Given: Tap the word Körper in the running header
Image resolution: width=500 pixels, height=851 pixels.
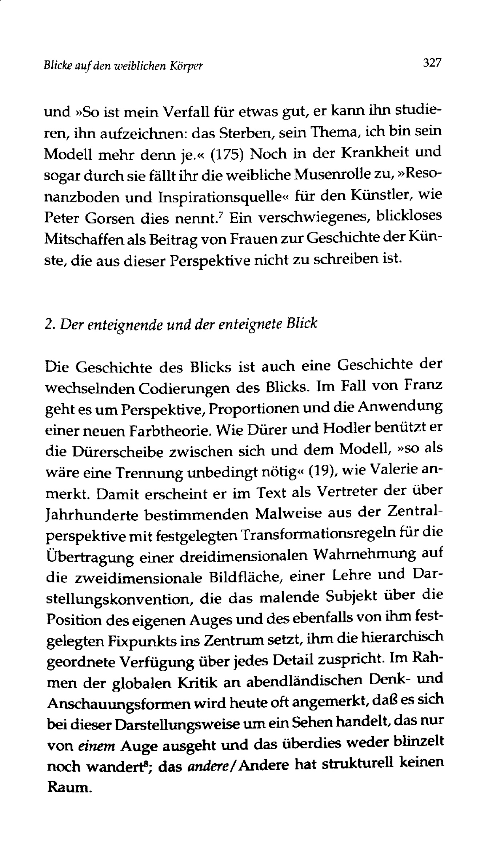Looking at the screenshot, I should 188,66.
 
